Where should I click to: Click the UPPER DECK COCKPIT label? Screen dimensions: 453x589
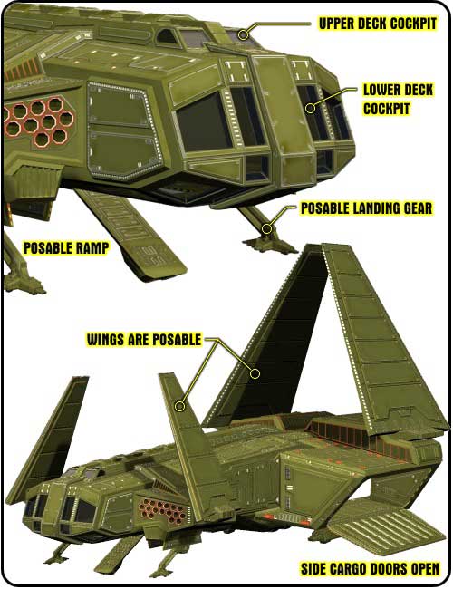tap(378, 24)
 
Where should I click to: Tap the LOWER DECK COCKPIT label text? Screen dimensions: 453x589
tap(398, 99)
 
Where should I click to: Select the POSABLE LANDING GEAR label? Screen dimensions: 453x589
tap(367, 208)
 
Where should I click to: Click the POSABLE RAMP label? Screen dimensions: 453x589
tap(66, 248)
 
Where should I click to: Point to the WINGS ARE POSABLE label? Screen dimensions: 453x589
tap(144, 339)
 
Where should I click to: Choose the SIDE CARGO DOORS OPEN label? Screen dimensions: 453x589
tap(370, 569)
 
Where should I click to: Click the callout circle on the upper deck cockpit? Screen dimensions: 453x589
tap(244, 34)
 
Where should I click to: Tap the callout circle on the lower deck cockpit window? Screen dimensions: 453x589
tap(310, 108)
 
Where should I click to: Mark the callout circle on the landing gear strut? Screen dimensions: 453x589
tap(266, 228)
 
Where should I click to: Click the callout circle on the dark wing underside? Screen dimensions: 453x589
tap(255, 373)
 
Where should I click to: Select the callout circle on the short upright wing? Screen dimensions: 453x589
tap(180, 406)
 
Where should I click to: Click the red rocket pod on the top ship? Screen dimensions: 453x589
tap(40, 121)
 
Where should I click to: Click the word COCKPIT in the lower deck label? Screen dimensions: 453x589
tap(386, 109)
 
